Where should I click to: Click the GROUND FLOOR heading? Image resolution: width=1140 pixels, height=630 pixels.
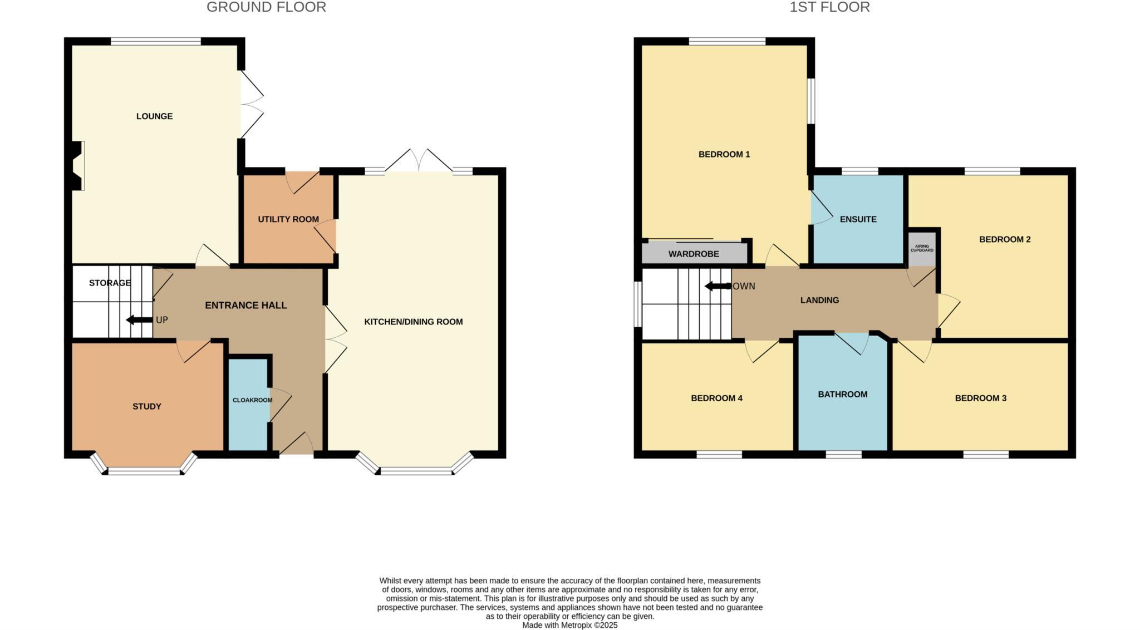(266, 7)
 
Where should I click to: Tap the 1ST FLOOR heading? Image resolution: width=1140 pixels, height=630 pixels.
(829, 7)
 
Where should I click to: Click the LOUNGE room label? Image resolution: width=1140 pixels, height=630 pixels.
(154, 116)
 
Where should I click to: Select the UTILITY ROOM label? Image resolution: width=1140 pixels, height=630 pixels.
(288, 219)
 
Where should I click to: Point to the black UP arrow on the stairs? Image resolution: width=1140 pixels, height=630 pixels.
(139, 320)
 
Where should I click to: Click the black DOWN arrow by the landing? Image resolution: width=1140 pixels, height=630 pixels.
(717, 286)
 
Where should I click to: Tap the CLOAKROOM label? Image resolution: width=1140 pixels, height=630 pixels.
(252, 400)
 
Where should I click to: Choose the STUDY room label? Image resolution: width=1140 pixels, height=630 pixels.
(147, 407)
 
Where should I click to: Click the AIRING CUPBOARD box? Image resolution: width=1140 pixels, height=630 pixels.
(922, 248)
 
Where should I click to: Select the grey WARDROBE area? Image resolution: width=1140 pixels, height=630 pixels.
(694, 254)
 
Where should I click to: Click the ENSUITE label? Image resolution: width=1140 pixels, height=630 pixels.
(858, 219)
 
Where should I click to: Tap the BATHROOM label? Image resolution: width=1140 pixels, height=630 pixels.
(842, 395)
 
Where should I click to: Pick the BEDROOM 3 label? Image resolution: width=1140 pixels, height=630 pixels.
(980, 398)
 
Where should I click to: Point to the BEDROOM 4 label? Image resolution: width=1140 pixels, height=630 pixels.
(716, 398)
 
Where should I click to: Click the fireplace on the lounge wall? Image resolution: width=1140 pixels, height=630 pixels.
(78, 166)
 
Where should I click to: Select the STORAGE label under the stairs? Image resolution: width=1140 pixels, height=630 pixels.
(110, 283)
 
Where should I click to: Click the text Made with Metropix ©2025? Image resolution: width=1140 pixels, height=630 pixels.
(569, 625)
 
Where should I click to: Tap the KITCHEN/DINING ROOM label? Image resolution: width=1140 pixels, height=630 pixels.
(413, 322)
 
